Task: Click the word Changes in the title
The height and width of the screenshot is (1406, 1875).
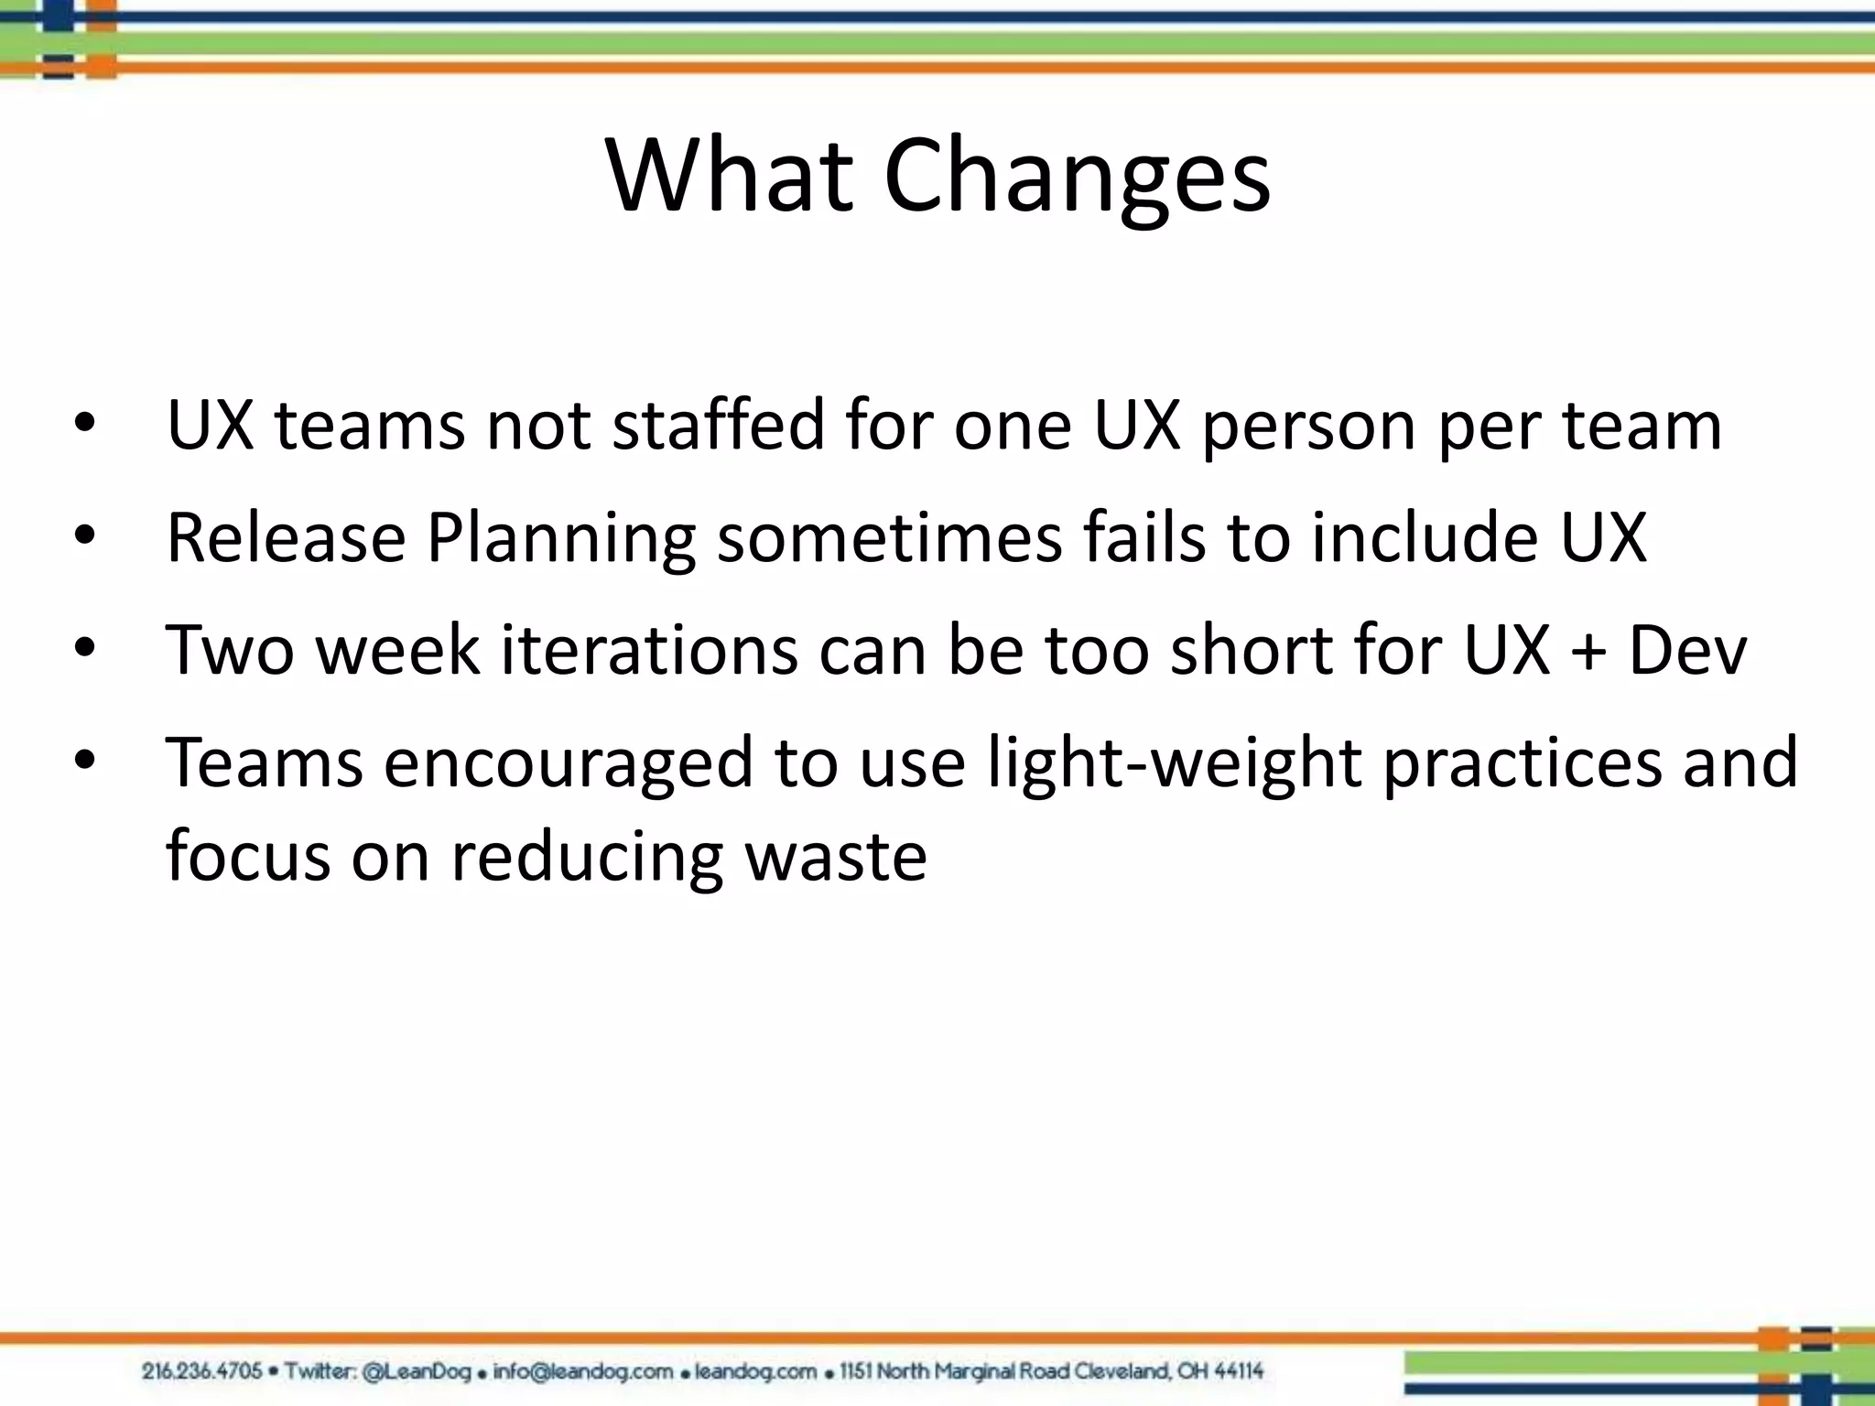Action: (x=1077, y=176)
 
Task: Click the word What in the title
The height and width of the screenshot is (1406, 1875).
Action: (x=730, y=176)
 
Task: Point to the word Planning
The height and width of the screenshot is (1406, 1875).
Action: (x=561, y=540)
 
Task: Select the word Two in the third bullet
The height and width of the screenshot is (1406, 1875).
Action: (x=230, y=650)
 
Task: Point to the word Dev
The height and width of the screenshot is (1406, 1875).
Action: (x=1687, y=650)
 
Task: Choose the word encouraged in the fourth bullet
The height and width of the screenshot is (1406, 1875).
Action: (x=568, y=764)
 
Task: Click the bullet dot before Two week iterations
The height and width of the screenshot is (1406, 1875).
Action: (x=85, y=650)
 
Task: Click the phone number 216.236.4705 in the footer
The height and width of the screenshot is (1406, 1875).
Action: (x=201, y=1371)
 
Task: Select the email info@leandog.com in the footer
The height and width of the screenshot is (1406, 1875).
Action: (x=582, y=1371)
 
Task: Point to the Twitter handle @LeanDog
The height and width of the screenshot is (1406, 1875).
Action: (x=417, y=1371)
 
